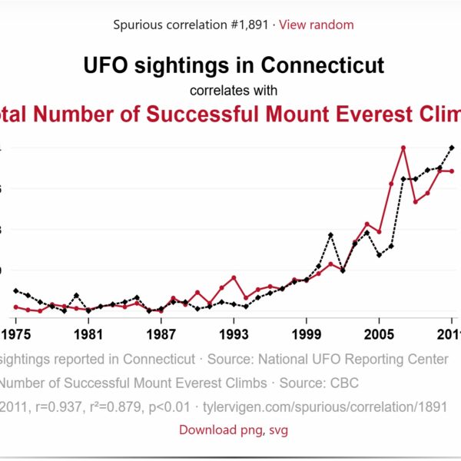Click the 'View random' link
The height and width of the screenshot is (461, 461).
coord(316,25)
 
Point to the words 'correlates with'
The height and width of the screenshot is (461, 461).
coord(234,91)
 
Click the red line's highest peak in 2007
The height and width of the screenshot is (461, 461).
coord(403,148)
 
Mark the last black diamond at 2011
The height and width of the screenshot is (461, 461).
coord(452,148)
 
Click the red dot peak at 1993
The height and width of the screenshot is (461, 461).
coord(234,277)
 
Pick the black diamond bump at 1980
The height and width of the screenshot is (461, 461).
coord(76,295)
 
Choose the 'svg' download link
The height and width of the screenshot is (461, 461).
coord(277,429)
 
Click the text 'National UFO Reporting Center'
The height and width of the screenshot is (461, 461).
coord(353,359)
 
